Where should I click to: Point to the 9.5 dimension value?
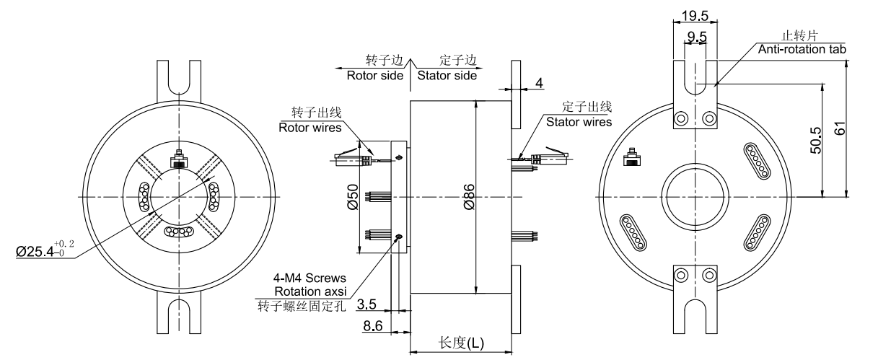coord(696,35)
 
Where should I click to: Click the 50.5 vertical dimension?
coord(817,137)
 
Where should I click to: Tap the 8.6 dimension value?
coord(372,326)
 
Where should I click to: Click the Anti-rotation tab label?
coord(802,49)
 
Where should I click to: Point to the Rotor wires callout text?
coord(310,128)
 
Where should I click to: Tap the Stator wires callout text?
coord(579,122)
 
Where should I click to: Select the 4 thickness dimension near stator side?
coord(538,84)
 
